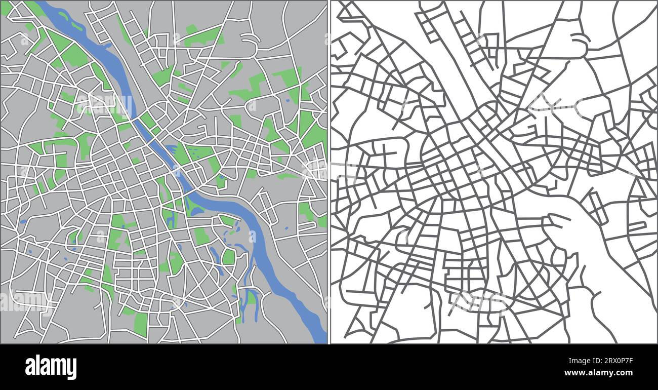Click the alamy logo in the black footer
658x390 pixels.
tap(51, 367)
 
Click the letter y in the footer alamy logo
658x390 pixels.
tap(71, 368)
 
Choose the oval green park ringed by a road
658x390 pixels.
tap(229, 256)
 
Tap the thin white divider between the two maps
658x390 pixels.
tap(329, 172)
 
